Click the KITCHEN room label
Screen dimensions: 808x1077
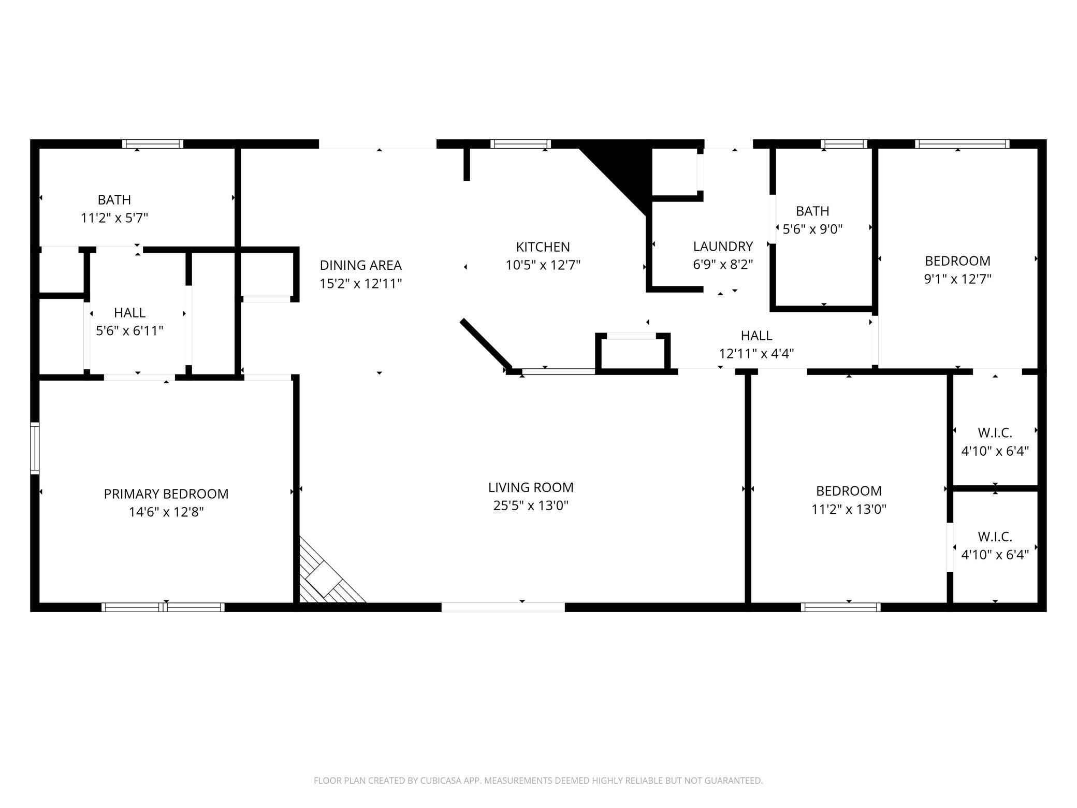543,247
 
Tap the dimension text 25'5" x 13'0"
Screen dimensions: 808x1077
531,506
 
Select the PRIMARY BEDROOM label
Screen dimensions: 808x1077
166,494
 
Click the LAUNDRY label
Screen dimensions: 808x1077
723,247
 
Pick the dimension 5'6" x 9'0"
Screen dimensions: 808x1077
812,229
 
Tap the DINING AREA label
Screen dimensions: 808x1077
360,265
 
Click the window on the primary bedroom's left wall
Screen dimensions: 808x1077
35,448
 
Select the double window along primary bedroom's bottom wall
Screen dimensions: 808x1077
163,607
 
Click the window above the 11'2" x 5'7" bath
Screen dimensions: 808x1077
153,144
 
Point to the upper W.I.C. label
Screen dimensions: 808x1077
995,432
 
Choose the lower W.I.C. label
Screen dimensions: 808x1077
995,537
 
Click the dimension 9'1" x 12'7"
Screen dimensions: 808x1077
957,279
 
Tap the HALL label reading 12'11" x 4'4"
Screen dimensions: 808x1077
756,336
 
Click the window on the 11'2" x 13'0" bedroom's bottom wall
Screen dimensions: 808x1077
840,607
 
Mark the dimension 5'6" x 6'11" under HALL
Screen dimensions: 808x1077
129,331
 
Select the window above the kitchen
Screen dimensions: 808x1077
520,144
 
